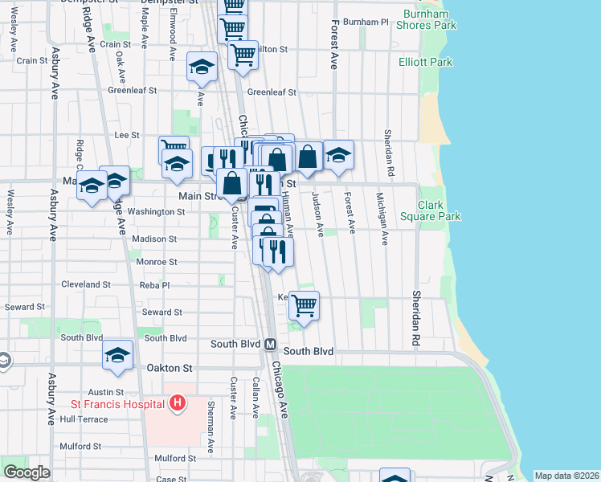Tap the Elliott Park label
coord(425,62)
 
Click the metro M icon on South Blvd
coord(271,344)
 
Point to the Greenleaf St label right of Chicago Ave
coord(272,92)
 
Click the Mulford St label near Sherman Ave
coord(175,458)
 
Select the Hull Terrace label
coord(83,419)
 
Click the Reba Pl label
coord(154,285)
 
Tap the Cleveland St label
coord(86,284)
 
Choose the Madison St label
coord(154,239)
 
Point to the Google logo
coord(27,472)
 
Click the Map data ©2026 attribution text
coord(566,476)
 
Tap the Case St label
coord(171,479)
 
